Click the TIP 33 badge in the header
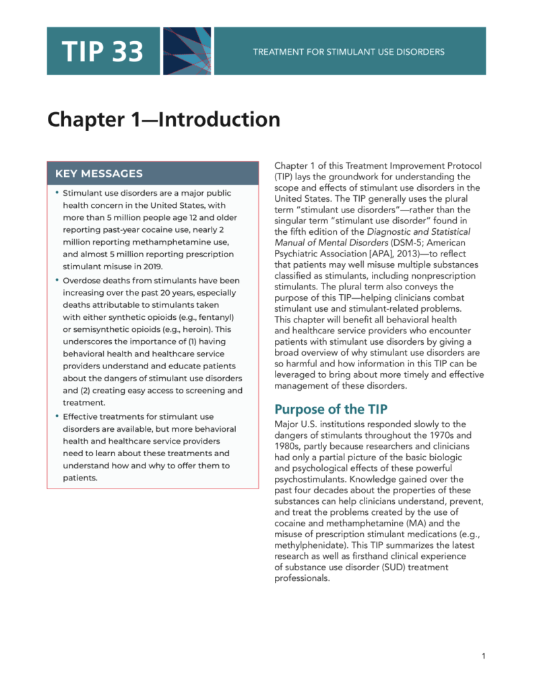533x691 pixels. coord(103,51)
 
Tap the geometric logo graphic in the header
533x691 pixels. coord(187,51)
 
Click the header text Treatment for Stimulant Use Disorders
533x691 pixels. coord(348,51)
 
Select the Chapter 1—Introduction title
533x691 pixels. coord(164,120)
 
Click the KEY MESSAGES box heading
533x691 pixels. coord(98,173)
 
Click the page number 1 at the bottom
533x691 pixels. coord(484,657)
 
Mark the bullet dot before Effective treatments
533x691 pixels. coord(57,417)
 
